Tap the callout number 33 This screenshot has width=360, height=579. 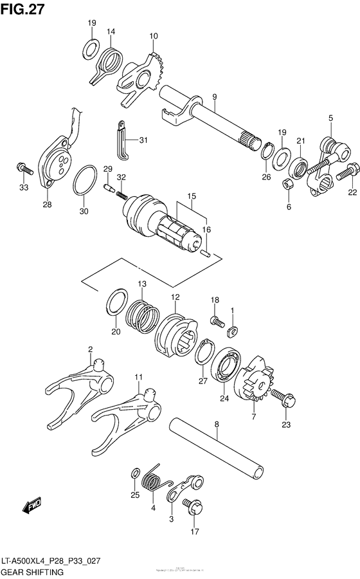(x=24, y=187)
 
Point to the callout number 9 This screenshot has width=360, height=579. (x=215, y=97)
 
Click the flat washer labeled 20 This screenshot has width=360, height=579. (x=116, y=302)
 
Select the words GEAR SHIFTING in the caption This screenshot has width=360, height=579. (x=32, y=571)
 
